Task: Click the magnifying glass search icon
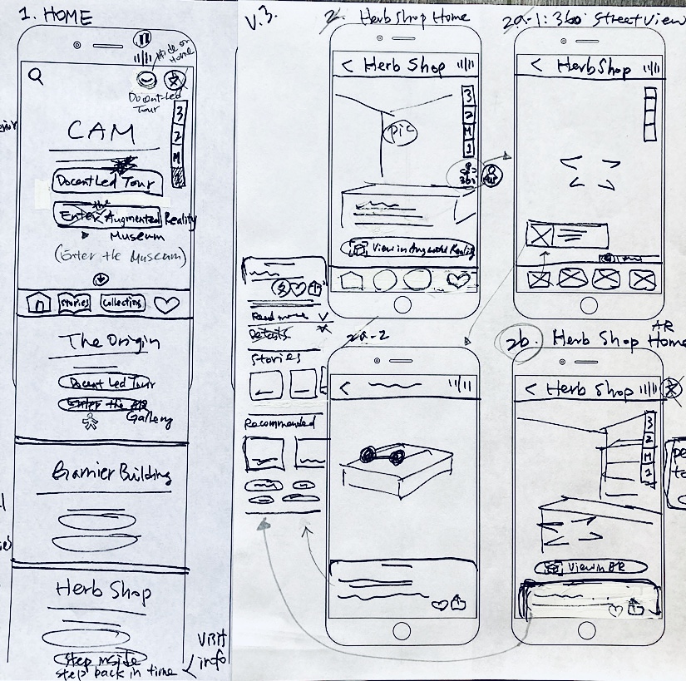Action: click(x=36, y=76)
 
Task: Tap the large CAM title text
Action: click(x=101, y=131)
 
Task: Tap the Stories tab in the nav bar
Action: click(x=74, y=303)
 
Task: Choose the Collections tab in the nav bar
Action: click(x=122, y=303)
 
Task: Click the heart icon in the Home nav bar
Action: click(x=167, y=304)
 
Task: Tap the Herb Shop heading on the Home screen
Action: click(x=104, y=590)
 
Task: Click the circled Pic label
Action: click(x=392, y=131)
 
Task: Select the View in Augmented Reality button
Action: click(x=412, y=249)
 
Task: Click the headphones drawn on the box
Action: click(x=381, y=456)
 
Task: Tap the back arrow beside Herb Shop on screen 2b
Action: click(x=528, y=389)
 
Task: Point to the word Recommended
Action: click(x=279, y=422)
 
